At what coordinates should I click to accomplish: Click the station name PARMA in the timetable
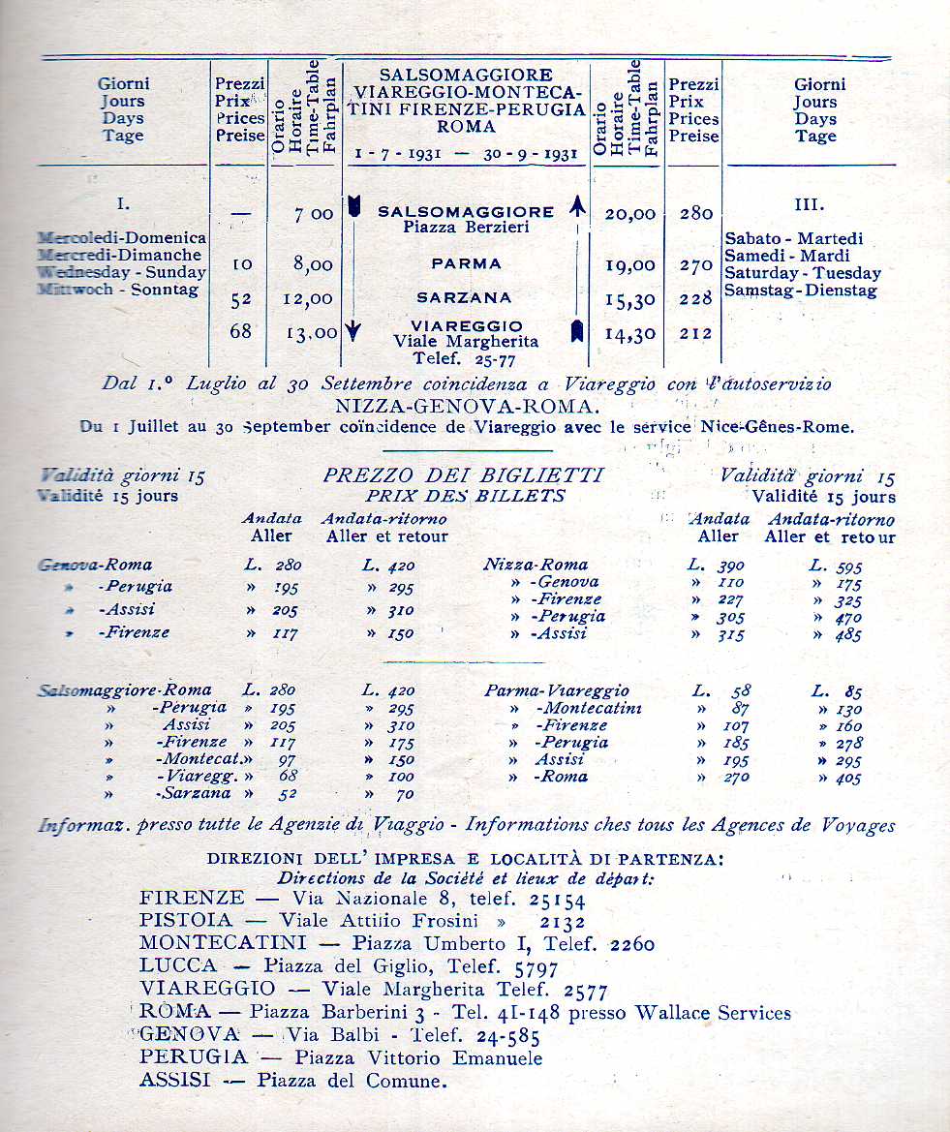(x=467, y=263)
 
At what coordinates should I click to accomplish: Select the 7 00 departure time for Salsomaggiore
(x=314, y=214)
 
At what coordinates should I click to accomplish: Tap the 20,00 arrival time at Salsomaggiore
(x=629, y=214)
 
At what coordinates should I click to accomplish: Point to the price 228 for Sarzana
(x=695, y=299)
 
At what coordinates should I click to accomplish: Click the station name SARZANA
(x=465, y=298)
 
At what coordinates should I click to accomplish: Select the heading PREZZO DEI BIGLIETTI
(x=463, y=475)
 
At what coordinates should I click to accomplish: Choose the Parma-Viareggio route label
(x=556, y=691)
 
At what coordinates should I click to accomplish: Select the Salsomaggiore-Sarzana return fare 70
(x=403, y=795)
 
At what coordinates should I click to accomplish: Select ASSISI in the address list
(x=174, y=1080)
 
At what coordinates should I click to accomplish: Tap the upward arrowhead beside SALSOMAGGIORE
(x=578, y=205)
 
